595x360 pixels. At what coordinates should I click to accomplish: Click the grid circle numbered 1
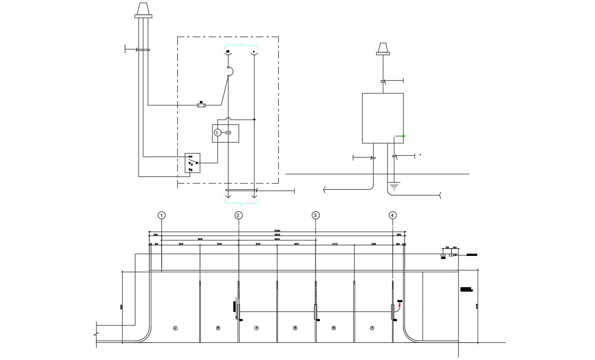pos(162,215)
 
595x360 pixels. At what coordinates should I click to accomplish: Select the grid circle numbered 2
pos(238,215)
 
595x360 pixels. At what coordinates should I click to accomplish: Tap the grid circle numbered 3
pos(315,215)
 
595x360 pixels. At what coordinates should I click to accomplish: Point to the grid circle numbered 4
pos(393,215)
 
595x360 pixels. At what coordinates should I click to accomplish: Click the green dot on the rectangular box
pos(403,136)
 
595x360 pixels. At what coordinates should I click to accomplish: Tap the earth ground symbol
pos(394,186)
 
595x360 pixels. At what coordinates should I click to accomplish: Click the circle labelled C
pos(217,133)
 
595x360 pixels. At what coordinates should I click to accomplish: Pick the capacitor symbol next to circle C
pos(228,133)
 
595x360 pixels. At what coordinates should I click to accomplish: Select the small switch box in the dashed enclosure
pos(192,163)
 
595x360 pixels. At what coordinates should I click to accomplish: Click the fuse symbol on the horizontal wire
pos(201,105)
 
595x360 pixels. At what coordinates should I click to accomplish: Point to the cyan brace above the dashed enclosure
pos(241,45)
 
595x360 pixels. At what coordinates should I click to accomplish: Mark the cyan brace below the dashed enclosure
pos(241,202)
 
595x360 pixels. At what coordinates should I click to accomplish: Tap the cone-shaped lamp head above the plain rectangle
pos(383,48)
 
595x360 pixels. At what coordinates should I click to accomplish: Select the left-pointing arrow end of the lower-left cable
pos(325,190)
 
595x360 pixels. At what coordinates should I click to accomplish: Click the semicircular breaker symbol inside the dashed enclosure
pos(230,71)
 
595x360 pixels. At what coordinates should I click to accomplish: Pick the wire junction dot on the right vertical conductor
pos(254,120)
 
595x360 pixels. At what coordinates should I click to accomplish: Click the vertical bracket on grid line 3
pos(315,311)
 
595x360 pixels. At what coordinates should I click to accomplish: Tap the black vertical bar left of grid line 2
pos(235,307)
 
